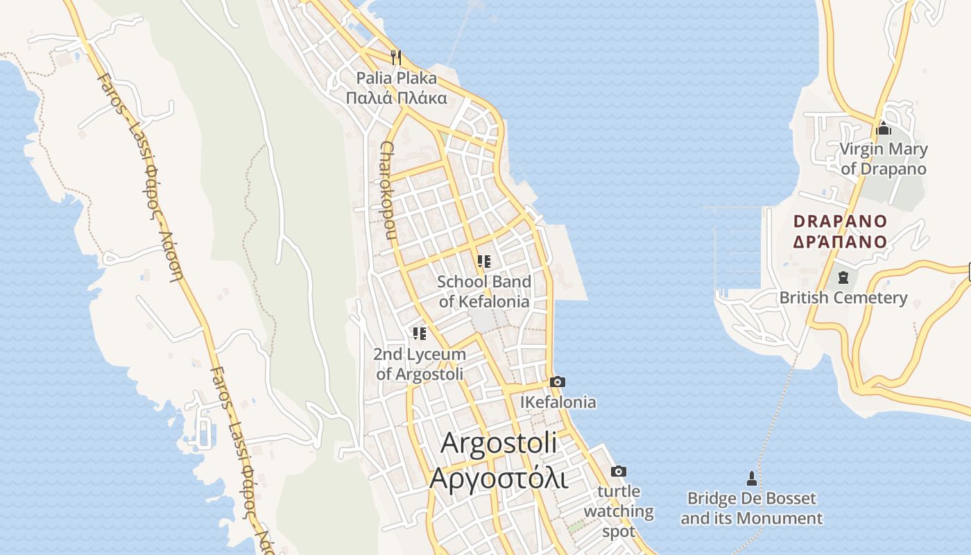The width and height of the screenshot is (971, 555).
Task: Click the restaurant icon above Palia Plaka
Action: click(x=396, y=57)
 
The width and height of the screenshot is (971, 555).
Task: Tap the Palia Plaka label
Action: click(x=397, y=78)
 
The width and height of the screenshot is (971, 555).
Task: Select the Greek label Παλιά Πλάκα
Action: click(x=397, y=98)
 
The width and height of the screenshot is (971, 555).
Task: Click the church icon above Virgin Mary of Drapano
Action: click(x=884, y=128)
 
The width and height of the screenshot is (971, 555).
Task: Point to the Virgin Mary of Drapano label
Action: click(x=884, y=159)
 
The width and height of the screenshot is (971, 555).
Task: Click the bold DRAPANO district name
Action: click(x=840, y=221)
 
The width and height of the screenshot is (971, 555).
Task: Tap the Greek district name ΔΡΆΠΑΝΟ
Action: click(x=840, y=241)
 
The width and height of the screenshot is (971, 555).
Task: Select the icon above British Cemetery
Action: click(x=843, y=277)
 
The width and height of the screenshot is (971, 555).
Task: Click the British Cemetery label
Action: click(x=843, y=298)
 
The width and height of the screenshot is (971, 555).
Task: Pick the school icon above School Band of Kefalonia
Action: click(x=484, y=262)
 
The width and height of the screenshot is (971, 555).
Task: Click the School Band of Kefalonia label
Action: click(x=484, y=291)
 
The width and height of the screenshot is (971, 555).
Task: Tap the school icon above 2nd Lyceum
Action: click(x=419, y=334)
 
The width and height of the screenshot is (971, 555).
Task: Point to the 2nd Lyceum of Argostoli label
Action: click(x=420, y=364)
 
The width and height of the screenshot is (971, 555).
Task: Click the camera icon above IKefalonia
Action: click(x=557, y=382)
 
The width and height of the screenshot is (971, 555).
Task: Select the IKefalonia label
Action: click(x=558, y=402)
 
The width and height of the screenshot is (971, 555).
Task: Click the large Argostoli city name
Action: click(x=499, y=442)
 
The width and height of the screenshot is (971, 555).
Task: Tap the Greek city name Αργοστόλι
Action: click(x=499, y=478)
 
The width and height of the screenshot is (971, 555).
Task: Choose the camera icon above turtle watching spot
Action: click(x=618, y=472)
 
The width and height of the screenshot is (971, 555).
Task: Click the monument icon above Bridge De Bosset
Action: click(x=751, y=478)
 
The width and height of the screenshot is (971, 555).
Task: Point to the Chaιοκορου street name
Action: click(x=388, y=190)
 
